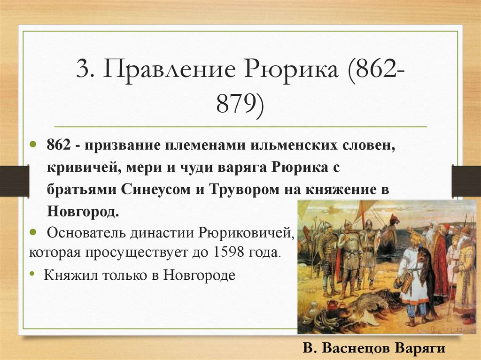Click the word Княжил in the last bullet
[66, 275]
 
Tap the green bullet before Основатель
[34, 232]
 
